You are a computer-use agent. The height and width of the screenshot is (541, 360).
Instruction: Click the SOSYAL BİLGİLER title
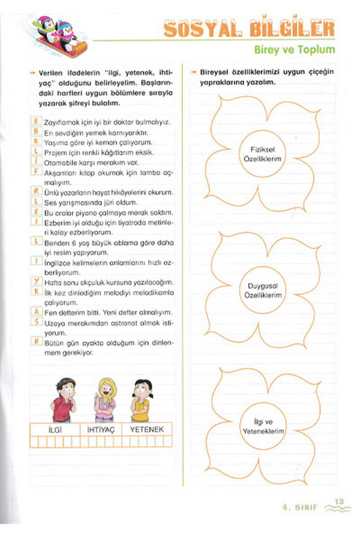pos(249,28)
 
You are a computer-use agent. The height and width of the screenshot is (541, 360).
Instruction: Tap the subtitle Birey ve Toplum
pos(297,50)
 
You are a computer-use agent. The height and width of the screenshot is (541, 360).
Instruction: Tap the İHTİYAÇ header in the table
pos(101,429)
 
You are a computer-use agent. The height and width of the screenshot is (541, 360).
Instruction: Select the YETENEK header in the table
pos(146,429)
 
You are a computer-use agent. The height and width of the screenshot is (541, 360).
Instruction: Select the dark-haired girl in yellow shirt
pos(140,400)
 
